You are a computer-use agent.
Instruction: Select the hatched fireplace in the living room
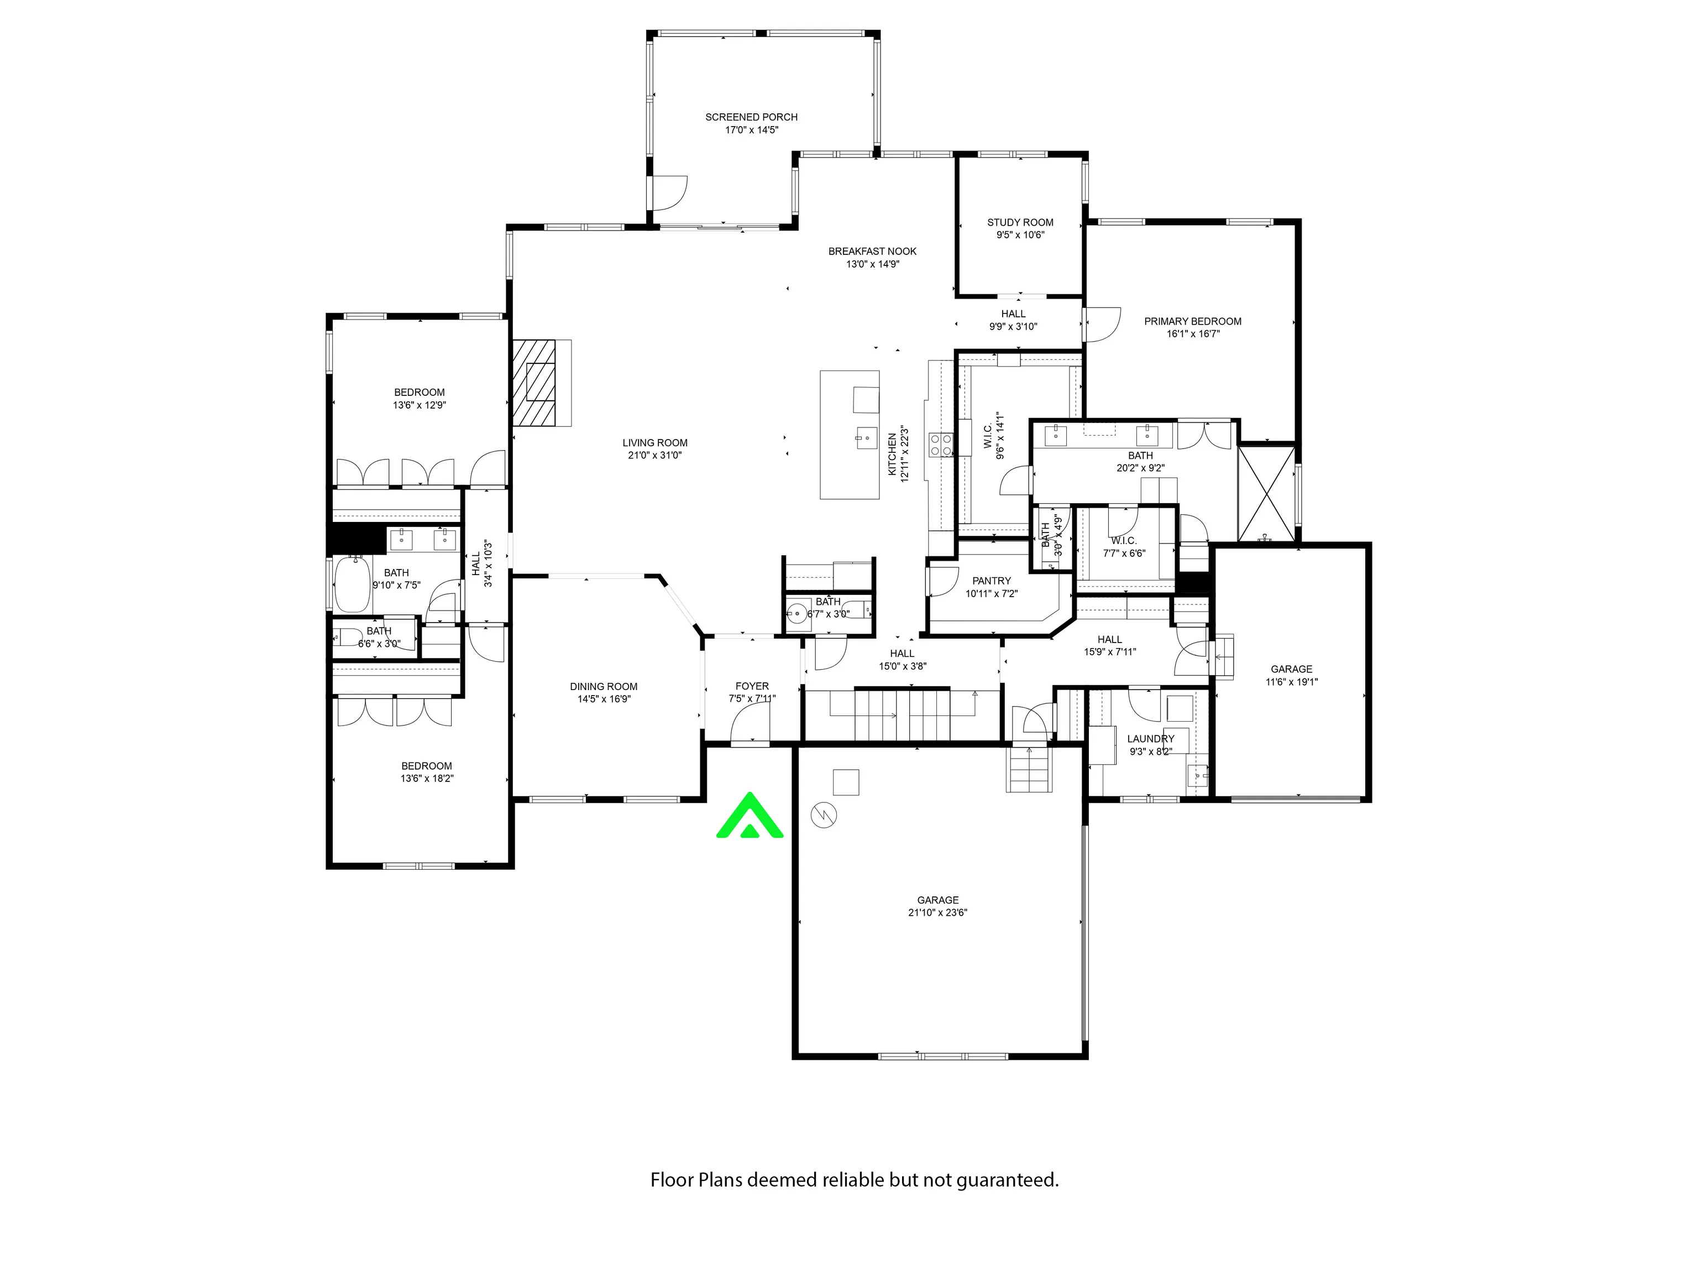click(534, 383)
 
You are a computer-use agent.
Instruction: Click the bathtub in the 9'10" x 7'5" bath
click(352, 583)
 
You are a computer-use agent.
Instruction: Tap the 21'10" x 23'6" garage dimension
click(937, 912)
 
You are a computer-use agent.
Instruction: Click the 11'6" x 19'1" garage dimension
click(1291, 681)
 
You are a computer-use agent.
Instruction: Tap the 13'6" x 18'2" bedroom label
click(427, 772)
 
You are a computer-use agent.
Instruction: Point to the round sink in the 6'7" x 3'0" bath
click(798, 613)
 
